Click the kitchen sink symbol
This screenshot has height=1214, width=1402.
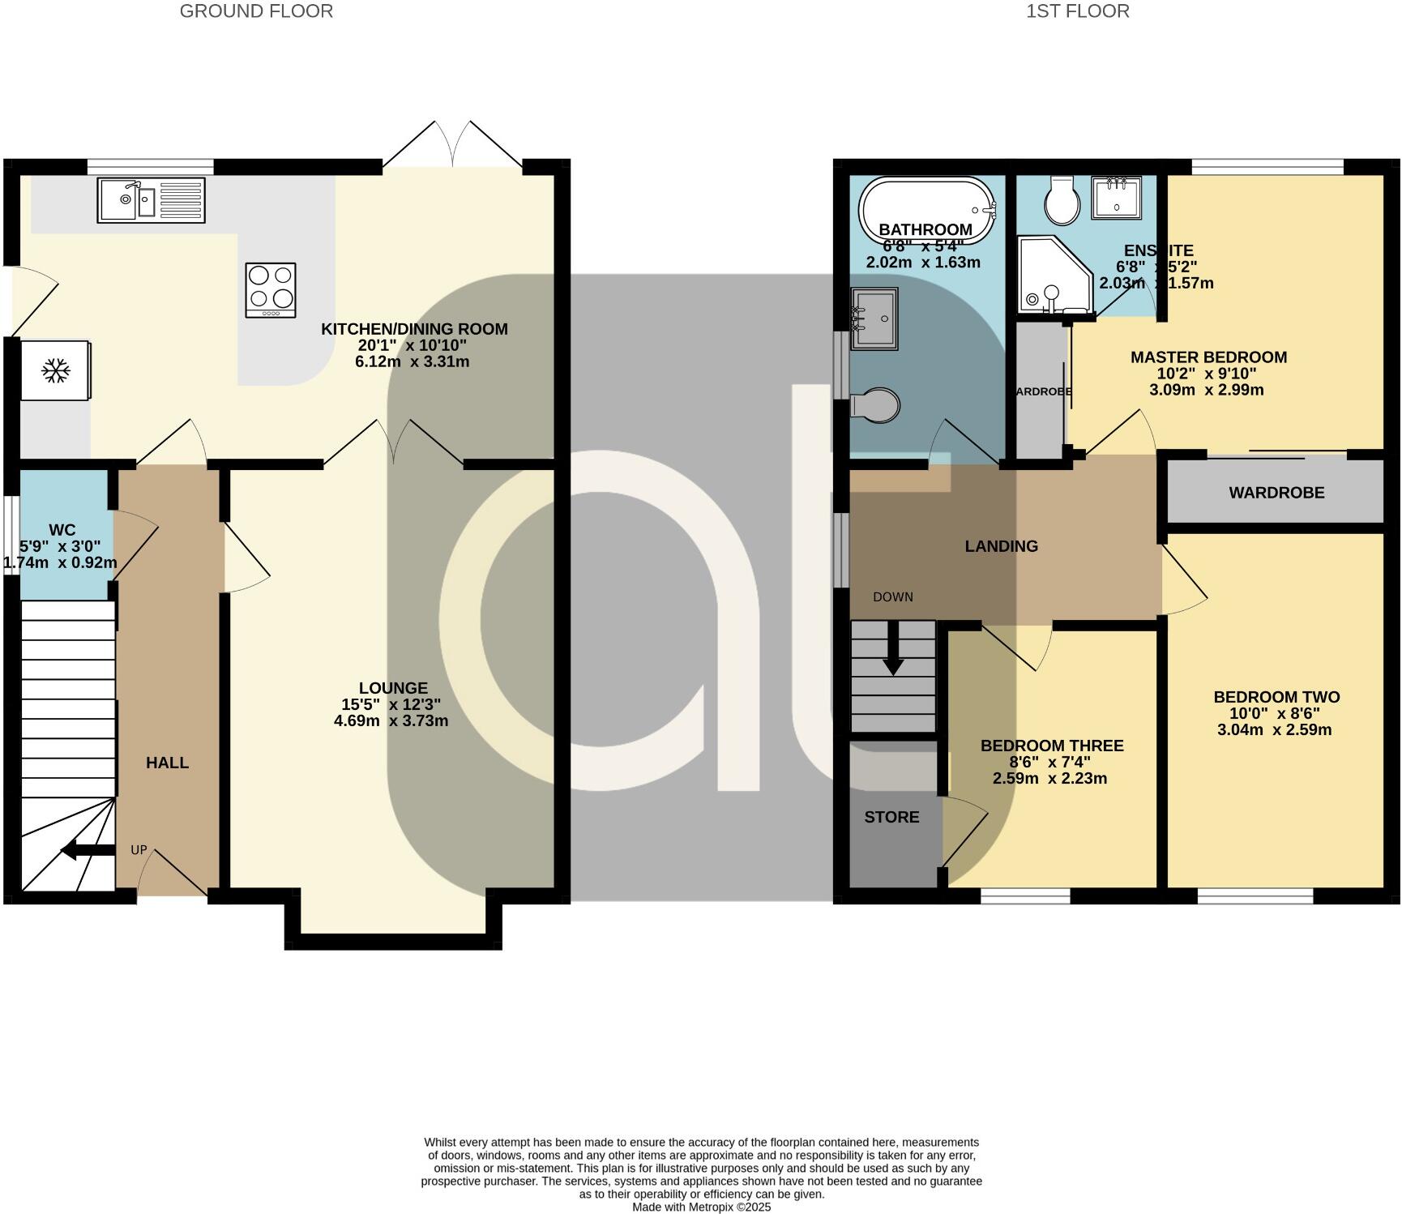pos(151,200)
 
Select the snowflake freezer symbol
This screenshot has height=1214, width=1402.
pos(56,371)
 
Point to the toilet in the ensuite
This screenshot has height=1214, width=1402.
pos(1062,202)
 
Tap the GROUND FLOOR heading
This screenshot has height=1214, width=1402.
pos(256,11)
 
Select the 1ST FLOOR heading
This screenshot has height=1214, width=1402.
pos(1077,11)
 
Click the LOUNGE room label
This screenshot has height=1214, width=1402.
pos(393,688)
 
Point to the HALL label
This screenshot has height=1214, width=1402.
pos(167,763)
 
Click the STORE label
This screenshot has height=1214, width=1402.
pos(891,817)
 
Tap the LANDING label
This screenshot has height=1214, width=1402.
pos(1001,546)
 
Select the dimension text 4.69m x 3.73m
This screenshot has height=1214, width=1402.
pos(391,720)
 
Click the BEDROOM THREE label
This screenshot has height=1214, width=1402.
pos(1052,746)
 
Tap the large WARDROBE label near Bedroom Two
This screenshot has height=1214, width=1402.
pos(1276,493)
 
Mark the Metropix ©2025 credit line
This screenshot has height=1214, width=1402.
pos(701,1207)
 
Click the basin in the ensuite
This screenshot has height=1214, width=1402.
pos(1116,198)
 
